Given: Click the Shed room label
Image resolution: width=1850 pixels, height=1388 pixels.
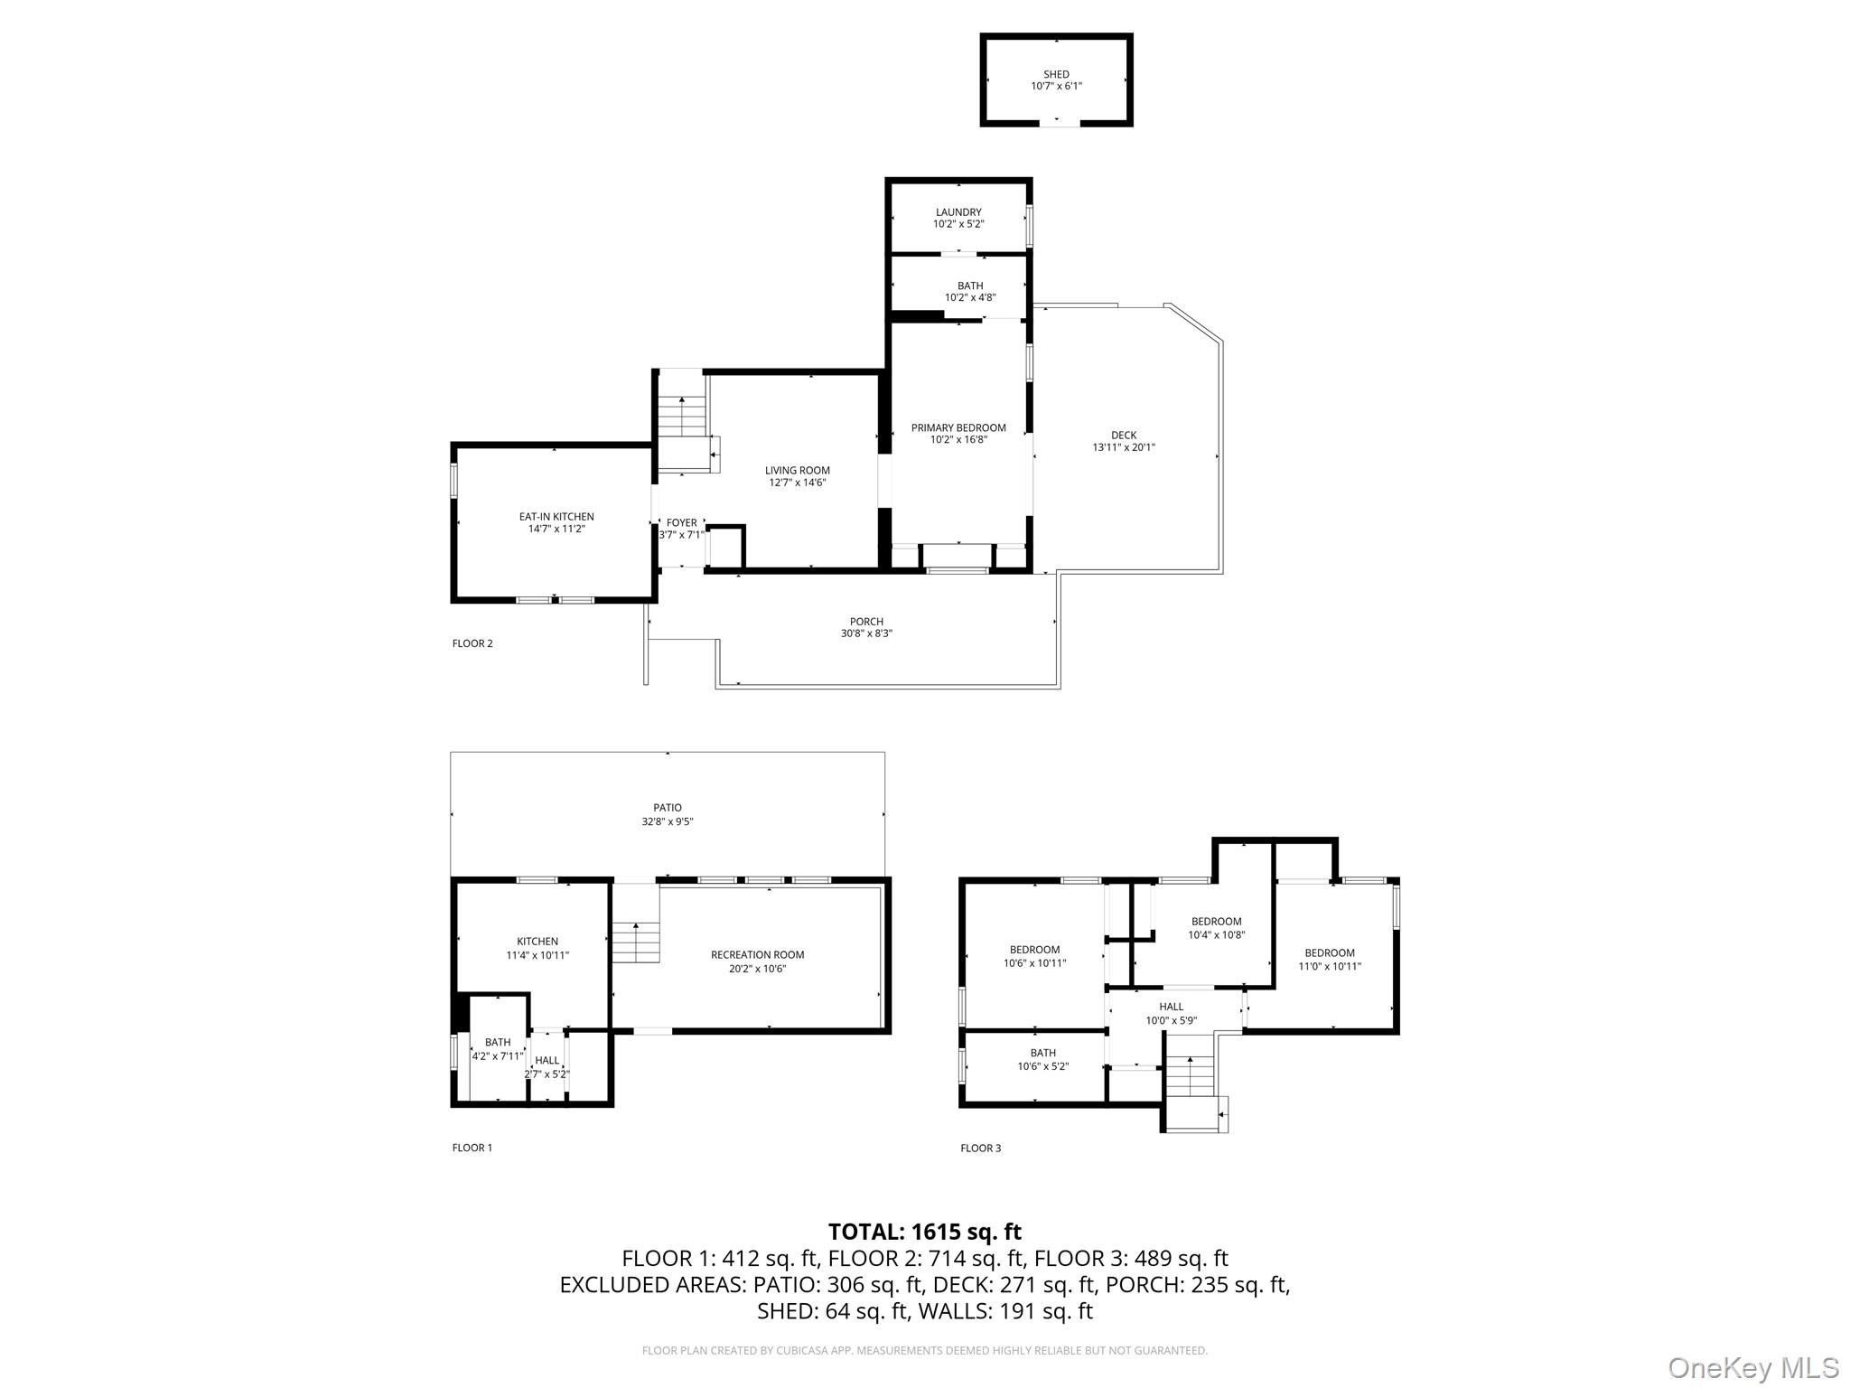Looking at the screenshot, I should [x=1056, y=74].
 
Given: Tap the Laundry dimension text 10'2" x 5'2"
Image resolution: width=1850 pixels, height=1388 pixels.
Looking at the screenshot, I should [x=958, y=224].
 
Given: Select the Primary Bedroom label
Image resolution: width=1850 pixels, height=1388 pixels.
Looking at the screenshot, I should [x=958, y=427].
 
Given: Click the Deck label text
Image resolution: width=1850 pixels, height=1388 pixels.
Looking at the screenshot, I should [x=1124, y=435].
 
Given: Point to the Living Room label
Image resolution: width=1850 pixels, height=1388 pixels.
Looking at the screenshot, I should [x=797, y=470].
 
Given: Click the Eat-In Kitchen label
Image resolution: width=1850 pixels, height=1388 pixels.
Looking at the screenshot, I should [x=556, y=517].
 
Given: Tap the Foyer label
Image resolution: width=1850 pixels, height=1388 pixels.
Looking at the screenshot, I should [x=681, y=522].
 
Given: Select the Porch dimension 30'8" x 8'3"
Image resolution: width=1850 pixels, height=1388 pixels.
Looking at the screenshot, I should [x=865, y=633].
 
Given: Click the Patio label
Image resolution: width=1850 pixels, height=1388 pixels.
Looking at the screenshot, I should [x=668, y=808].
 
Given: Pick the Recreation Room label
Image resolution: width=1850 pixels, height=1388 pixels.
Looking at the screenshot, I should [x=757, y=954].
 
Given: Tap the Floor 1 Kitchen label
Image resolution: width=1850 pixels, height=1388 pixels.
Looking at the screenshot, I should [x=537, y=942].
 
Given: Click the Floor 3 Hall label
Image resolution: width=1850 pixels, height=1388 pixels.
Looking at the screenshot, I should [x=1171, y=1007].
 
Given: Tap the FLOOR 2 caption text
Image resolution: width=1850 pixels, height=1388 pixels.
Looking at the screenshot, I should [x=472, y=643].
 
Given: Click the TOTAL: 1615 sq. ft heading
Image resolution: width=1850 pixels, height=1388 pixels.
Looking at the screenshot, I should [x=924, y=1232].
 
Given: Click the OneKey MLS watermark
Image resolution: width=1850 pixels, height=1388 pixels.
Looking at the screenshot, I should [x=1753, y=1367].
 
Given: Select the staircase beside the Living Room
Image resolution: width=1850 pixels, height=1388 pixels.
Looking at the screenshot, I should [x=681, y=417].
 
